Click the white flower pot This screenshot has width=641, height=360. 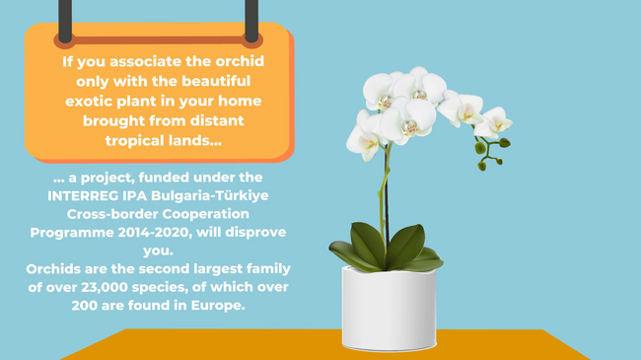click(x=389, y=308)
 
